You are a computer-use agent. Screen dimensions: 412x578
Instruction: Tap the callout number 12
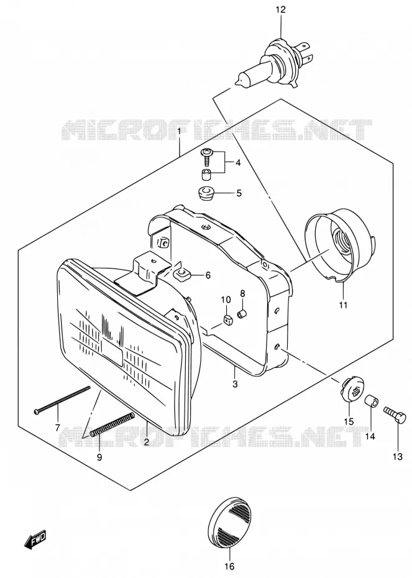click(280, 9)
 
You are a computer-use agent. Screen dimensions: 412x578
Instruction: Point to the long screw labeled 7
click(62, 399)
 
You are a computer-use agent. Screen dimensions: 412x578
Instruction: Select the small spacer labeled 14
click(371, 401)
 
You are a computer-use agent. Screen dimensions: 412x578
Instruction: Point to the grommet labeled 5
click(206, 193)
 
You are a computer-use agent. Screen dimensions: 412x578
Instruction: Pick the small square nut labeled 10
click(228, 320)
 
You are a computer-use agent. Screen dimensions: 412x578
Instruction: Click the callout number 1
click(179, 131)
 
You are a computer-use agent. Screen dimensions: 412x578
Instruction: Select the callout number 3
click(235, 384)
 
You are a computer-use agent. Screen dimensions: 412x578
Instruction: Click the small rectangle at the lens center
click(112, 351)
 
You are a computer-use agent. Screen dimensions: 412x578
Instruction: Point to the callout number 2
click(146, 442)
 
